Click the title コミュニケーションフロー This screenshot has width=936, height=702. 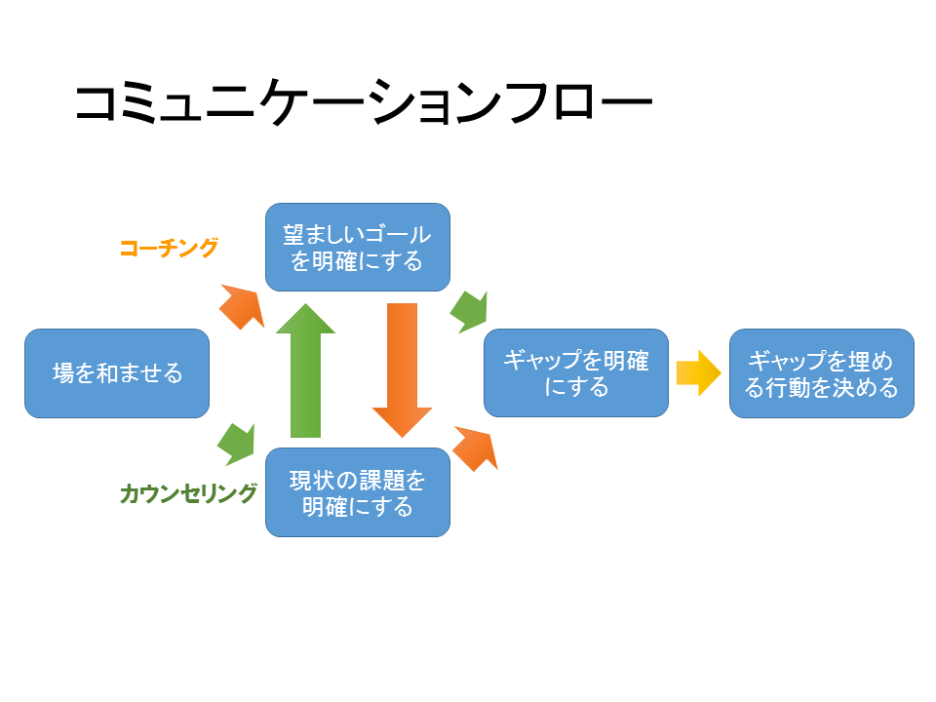(x=364, y=102)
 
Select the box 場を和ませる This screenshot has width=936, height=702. (x=117, y=373)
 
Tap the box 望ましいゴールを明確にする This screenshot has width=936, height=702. (x=358, y=247)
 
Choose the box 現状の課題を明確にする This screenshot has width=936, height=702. (x=358, y=492)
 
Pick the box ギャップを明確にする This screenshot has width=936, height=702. (x=576, y=373)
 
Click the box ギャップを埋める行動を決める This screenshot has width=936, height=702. (x=821, y=373)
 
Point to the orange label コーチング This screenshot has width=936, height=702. (x=169, y=248)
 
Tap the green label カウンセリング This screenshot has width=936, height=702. (x=188, y=493)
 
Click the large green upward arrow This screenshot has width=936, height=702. (x=305, y=370)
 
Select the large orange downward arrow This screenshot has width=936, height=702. (x=403, y=370)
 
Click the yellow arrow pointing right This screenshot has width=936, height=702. (x=699, y=373)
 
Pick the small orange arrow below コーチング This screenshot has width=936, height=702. (x=243, y=306)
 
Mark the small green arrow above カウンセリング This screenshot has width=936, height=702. (x=237, y=445)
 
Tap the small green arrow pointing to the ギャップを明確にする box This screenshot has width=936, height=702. (x=470, y=312)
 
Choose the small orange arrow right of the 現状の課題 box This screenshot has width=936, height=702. (x=476, y=448)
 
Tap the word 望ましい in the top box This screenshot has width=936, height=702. (x=323, y=234)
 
